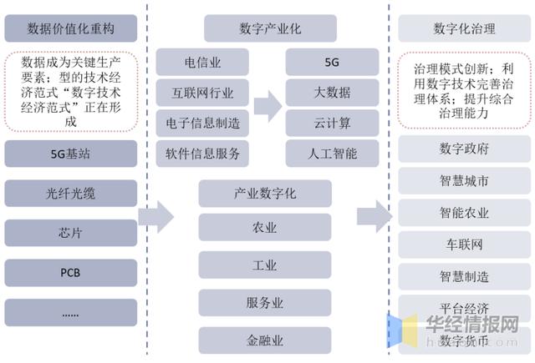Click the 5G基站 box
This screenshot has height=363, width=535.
click(70, 154)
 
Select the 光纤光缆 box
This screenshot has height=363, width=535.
click(70, 194)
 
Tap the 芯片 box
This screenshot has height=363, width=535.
click(70, 233)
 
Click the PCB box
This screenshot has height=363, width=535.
click(70, 273)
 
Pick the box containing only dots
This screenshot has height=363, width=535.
click(70, 313)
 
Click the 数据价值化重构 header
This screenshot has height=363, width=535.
click(70, 28)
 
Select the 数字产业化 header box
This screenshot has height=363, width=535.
click(270, 28)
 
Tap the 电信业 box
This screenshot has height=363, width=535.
click(202, 62)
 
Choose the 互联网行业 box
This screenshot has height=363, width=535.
click(202, 93)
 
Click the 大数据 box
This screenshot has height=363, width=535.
click(332, 93)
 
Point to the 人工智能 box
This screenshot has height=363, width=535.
click(332, 154)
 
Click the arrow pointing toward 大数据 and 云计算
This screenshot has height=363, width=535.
click(267, 106)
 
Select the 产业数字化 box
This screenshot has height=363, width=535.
click(265, 194)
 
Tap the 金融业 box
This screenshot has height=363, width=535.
click(265, 340)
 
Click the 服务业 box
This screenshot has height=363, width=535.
click(265, 303)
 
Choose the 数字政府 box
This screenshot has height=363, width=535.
click(465, 149)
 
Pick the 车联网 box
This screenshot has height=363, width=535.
click(465, 245)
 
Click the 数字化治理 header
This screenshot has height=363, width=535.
click(465, 28)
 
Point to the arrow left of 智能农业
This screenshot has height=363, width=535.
click(374, 217)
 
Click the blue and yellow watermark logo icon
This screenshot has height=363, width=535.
click(402, 330)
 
